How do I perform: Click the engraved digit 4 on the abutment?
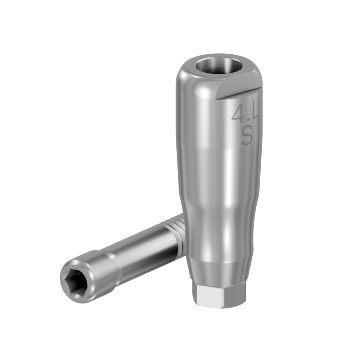tap(238, 114)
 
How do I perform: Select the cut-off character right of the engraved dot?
tap(255, 113)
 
